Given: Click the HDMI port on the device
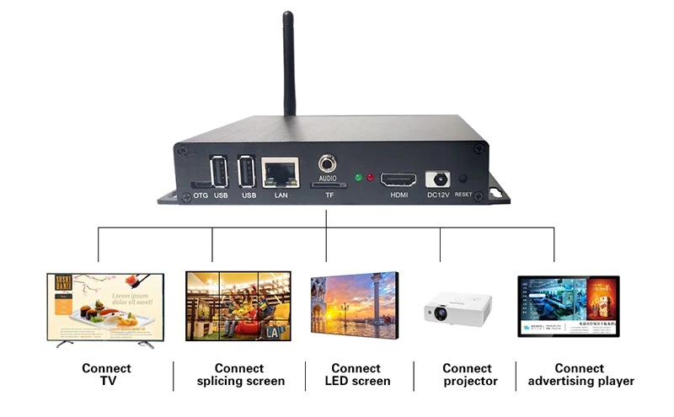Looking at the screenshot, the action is pos(399,179).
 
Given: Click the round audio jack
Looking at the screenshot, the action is pos(328,163).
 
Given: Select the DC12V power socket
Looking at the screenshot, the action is pos(438,179).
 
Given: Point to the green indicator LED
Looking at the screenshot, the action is pos(359,178).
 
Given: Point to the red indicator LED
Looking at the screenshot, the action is pos(371,178).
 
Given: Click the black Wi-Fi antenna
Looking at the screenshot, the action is pos(288,63).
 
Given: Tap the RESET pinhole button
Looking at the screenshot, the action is pos(463,179).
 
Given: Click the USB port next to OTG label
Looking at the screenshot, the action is pos(219,173).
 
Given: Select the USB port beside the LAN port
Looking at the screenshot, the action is pos(248,173).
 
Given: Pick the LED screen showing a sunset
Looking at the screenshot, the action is pos(350,307).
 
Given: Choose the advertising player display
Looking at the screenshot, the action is pos(568,307).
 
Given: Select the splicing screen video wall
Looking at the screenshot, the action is pos(238,306).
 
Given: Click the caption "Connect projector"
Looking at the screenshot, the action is pos(468,375).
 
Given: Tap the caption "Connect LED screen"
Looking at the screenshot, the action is pos(356,375).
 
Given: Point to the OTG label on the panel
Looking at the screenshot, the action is pos(201,195).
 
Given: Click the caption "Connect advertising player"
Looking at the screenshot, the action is pos(580,375).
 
